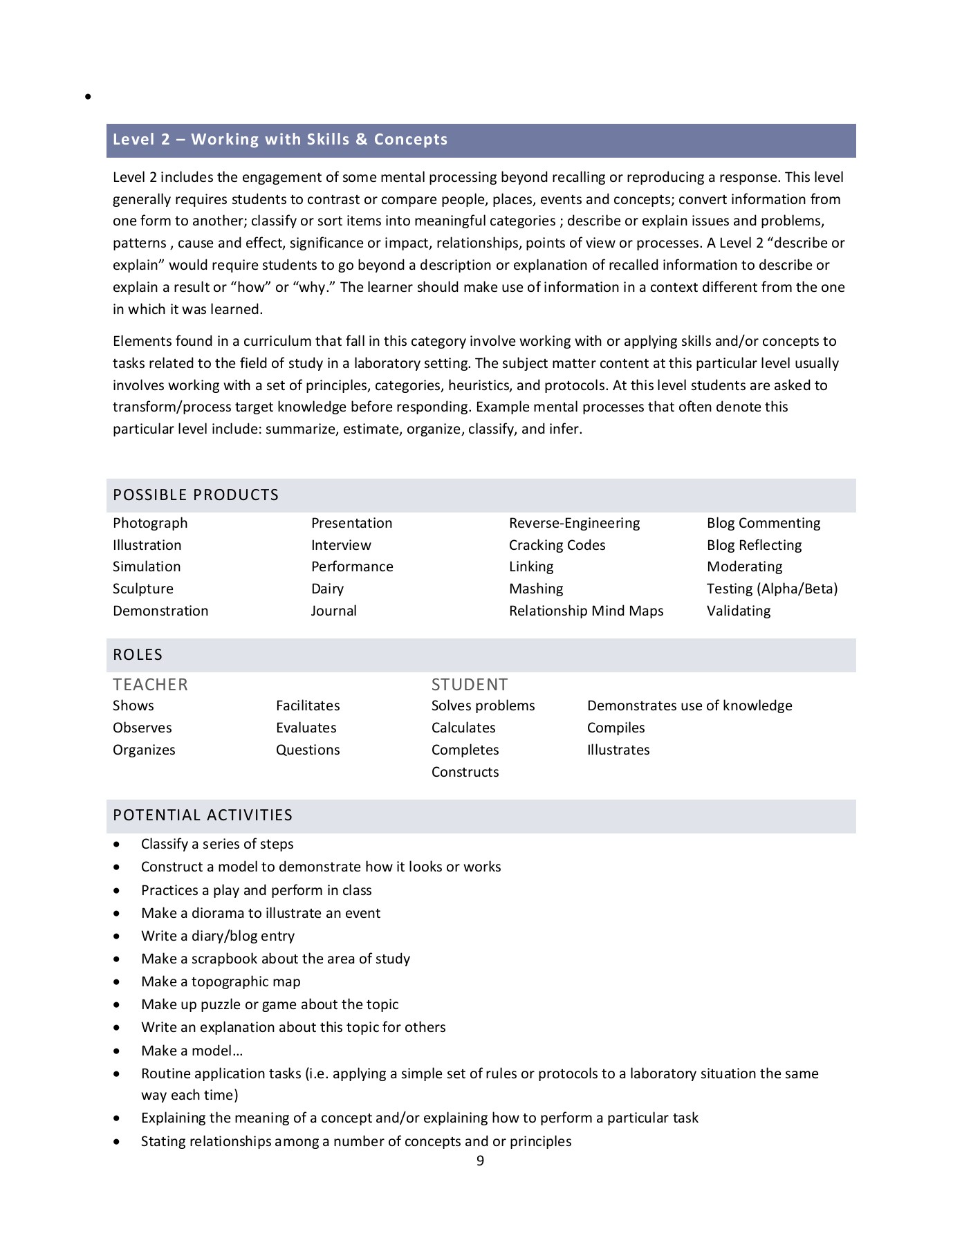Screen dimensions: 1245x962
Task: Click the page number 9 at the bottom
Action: coord(481,1161)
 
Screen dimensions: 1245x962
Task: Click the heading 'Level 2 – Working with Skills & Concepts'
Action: coord(280,140)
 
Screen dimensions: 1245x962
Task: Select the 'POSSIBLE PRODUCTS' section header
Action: coord(196,495)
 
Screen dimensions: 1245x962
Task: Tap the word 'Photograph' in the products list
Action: coord(150,524)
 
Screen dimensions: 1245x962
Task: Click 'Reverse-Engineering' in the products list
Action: coord(574,524)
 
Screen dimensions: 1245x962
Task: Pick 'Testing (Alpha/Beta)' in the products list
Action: coord(772,589)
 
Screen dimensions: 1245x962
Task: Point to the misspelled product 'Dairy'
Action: coord(327,589)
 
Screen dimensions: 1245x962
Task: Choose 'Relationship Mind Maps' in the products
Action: coord(586,611)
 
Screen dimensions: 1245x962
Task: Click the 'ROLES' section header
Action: coord(138,655)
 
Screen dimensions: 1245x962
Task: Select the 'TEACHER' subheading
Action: coord(150,685)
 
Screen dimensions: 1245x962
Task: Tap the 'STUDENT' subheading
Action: coord(470,685)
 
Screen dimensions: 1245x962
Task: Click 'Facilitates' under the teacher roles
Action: coord(308,706)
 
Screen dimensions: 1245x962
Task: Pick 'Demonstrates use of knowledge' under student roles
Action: coord(690,706)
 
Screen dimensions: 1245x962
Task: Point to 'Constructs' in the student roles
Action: coord(465,773)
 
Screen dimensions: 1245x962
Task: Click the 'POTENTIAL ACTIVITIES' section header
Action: coord(203,815)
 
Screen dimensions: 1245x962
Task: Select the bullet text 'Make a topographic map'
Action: coord(221,982)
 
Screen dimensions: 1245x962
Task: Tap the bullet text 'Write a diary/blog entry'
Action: coord(218,937)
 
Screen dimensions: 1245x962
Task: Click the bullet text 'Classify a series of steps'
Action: coord(217,845)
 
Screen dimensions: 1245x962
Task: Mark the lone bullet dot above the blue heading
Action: coord(88,98)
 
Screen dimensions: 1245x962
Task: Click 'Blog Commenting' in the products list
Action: coord(764,524)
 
